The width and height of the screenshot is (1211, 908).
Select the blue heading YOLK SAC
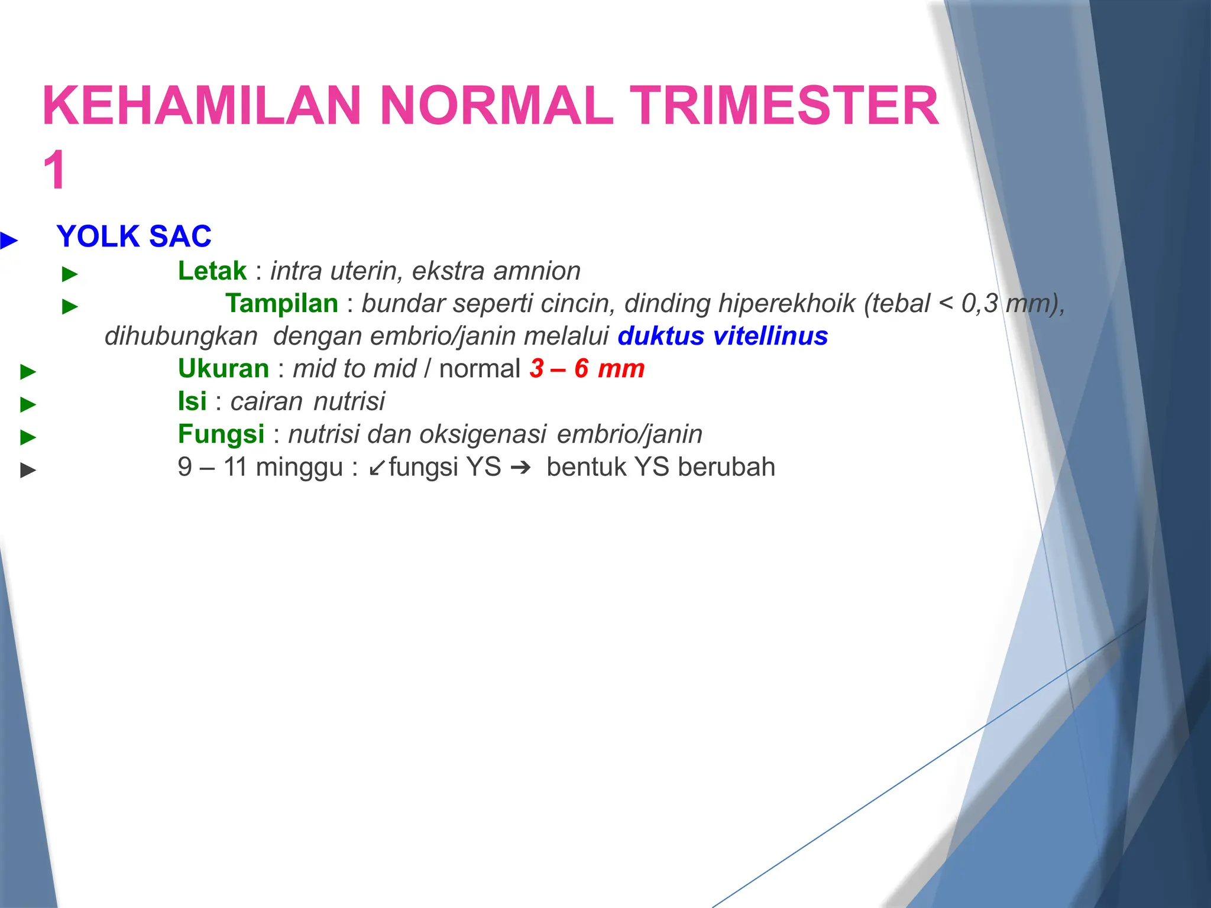(x=134, y=236)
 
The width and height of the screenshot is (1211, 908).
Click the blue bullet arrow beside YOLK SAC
(x=9, y=241)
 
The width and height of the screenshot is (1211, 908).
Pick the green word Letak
(x=212, y=271)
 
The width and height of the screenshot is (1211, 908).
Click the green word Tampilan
(x=281, y=304)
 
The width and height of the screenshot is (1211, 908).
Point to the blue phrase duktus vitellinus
(x=723, y=336)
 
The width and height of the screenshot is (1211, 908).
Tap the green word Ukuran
(x=223, y=369)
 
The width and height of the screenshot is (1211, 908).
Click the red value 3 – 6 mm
(x=587, y=369)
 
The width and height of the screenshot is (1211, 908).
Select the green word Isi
(x=192, y=401)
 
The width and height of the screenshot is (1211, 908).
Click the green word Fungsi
(x=221, y=434)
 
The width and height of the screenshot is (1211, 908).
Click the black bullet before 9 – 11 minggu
(x=28, y=471)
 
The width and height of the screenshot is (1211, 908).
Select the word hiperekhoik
(x=787, y=304)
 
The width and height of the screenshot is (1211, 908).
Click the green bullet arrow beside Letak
(x=70, y=274)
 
